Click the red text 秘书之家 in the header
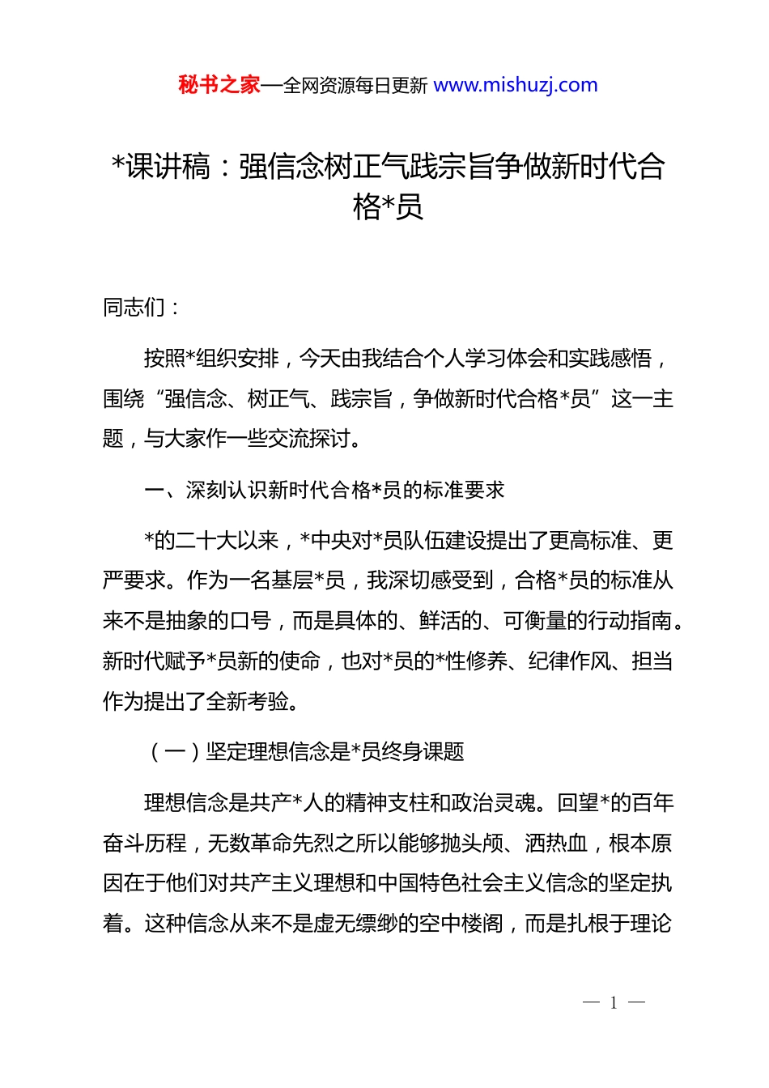[x=219, y=85]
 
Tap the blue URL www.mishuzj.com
[x=516, y=85]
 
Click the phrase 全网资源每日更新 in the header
[x=355, y=86]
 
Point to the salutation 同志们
[x=134, y=308]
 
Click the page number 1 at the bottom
[x=614, y=1003]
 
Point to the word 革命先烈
[x=293, y=844]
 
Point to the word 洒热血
[x=556, y=844]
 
